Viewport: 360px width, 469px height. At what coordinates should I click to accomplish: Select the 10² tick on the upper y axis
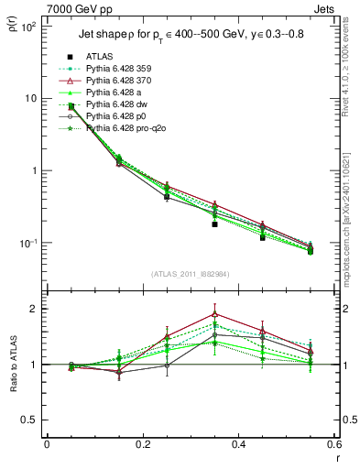pos(29,27)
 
